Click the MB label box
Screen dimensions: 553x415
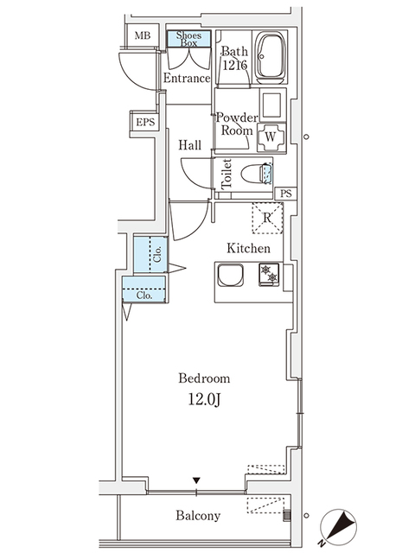pyautogui.click(x=141, y=36)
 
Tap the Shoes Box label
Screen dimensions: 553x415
pyautogui.click(x=189, y=38)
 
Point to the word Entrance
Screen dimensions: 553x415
pyautogui.click(x=187, y=79)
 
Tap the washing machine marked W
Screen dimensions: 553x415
pyautogui.click(x=271, y=136)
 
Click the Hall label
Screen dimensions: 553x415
pyautogui.click(x=190, y=145)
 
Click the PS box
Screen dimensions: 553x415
pyautogui.click(x=286, y=194)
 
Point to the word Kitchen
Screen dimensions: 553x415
pyautogui.click(x=248, y=248)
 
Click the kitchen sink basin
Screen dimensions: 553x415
pyautogui.click(x=231, y=276)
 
